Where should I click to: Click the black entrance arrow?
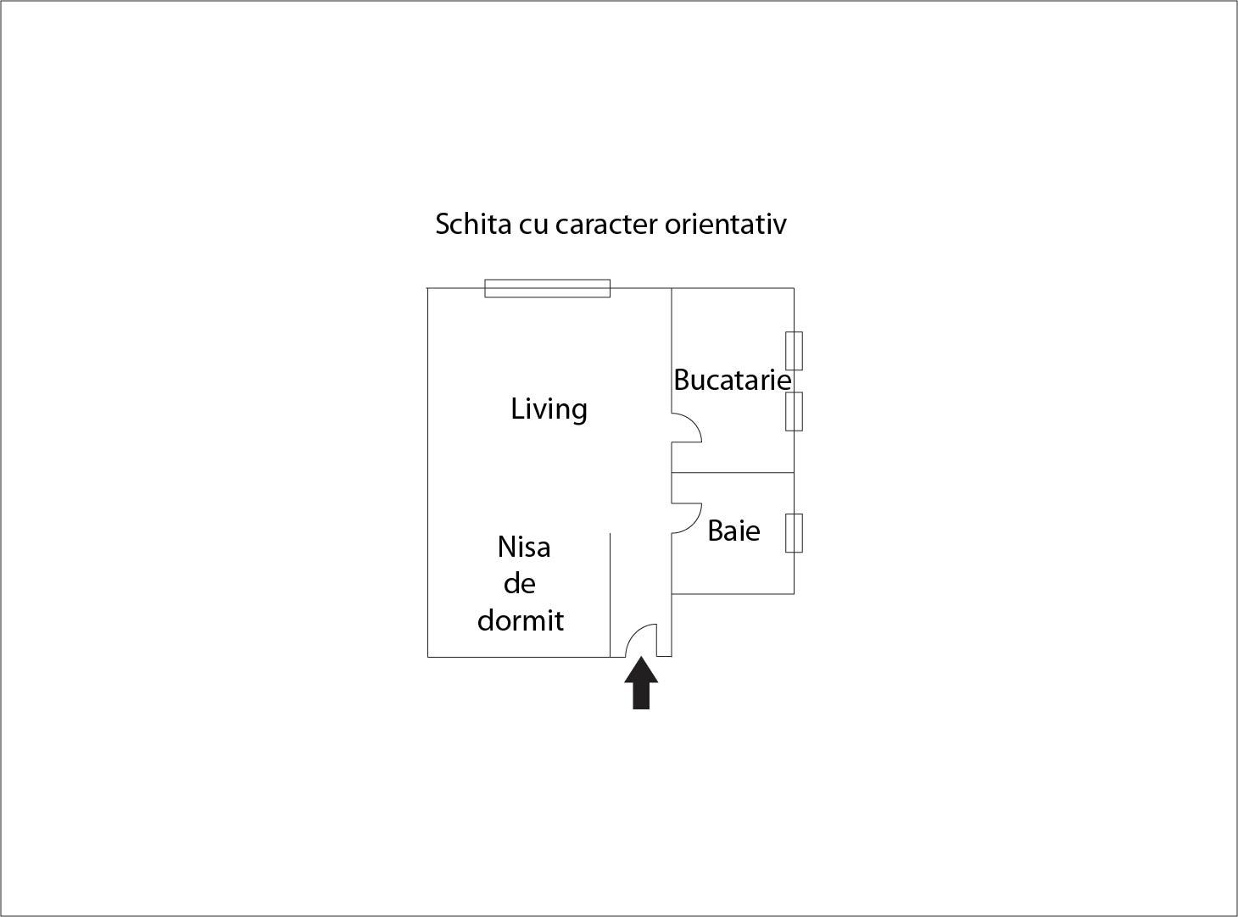641,684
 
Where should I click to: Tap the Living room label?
549,409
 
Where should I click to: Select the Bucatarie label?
733,380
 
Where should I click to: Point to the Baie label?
733,531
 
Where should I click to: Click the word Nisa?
523,547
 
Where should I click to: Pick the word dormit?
520,620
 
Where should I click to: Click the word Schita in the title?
473,225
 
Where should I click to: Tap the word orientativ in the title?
725,225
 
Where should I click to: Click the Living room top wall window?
547,288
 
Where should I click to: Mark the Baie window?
794,533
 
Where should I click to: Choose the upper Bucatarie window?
794,351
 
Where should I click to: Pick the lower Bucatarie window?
794,411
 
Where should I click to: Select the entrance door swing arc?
634,632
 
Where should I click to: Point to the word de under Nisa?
520,584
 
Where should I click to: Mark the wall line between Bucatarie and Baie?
733,473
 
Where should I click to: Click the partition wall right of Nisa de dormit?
610,595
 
